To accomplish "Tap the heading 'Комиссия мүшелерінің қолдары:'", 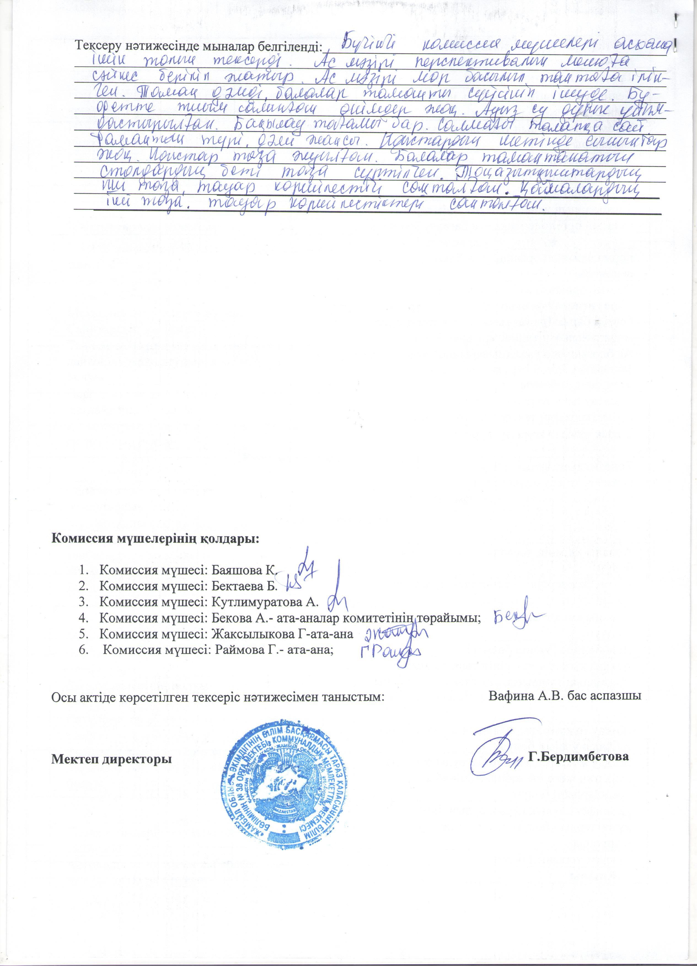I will coord(155,539).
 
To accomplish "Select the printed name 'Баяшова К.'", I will coord(245,571).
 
